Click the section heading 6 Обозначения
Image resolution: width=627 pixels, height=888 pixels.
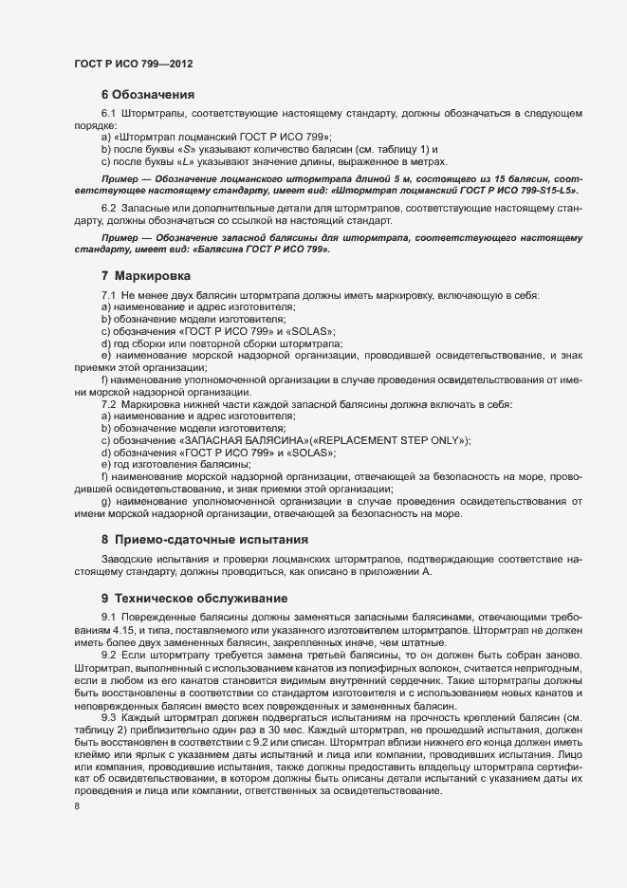(147, 95)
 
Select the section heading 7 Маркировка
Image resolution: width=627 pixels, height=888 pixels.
(145, 276)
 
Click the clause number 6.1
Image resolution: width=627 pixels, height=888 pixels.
(108, 115)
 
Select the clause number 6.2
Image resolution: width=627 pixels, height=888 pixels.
(108, 207)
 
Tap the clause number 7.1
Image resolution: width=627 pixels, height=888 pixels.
(108, 296)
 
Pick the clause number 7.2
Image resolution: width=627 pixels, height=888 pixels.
(108, 405)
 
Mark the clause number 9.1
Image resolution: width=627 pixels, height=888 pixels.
(108, 619)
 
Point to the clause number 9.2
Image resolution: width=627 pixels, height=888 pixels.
(108, 680)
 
